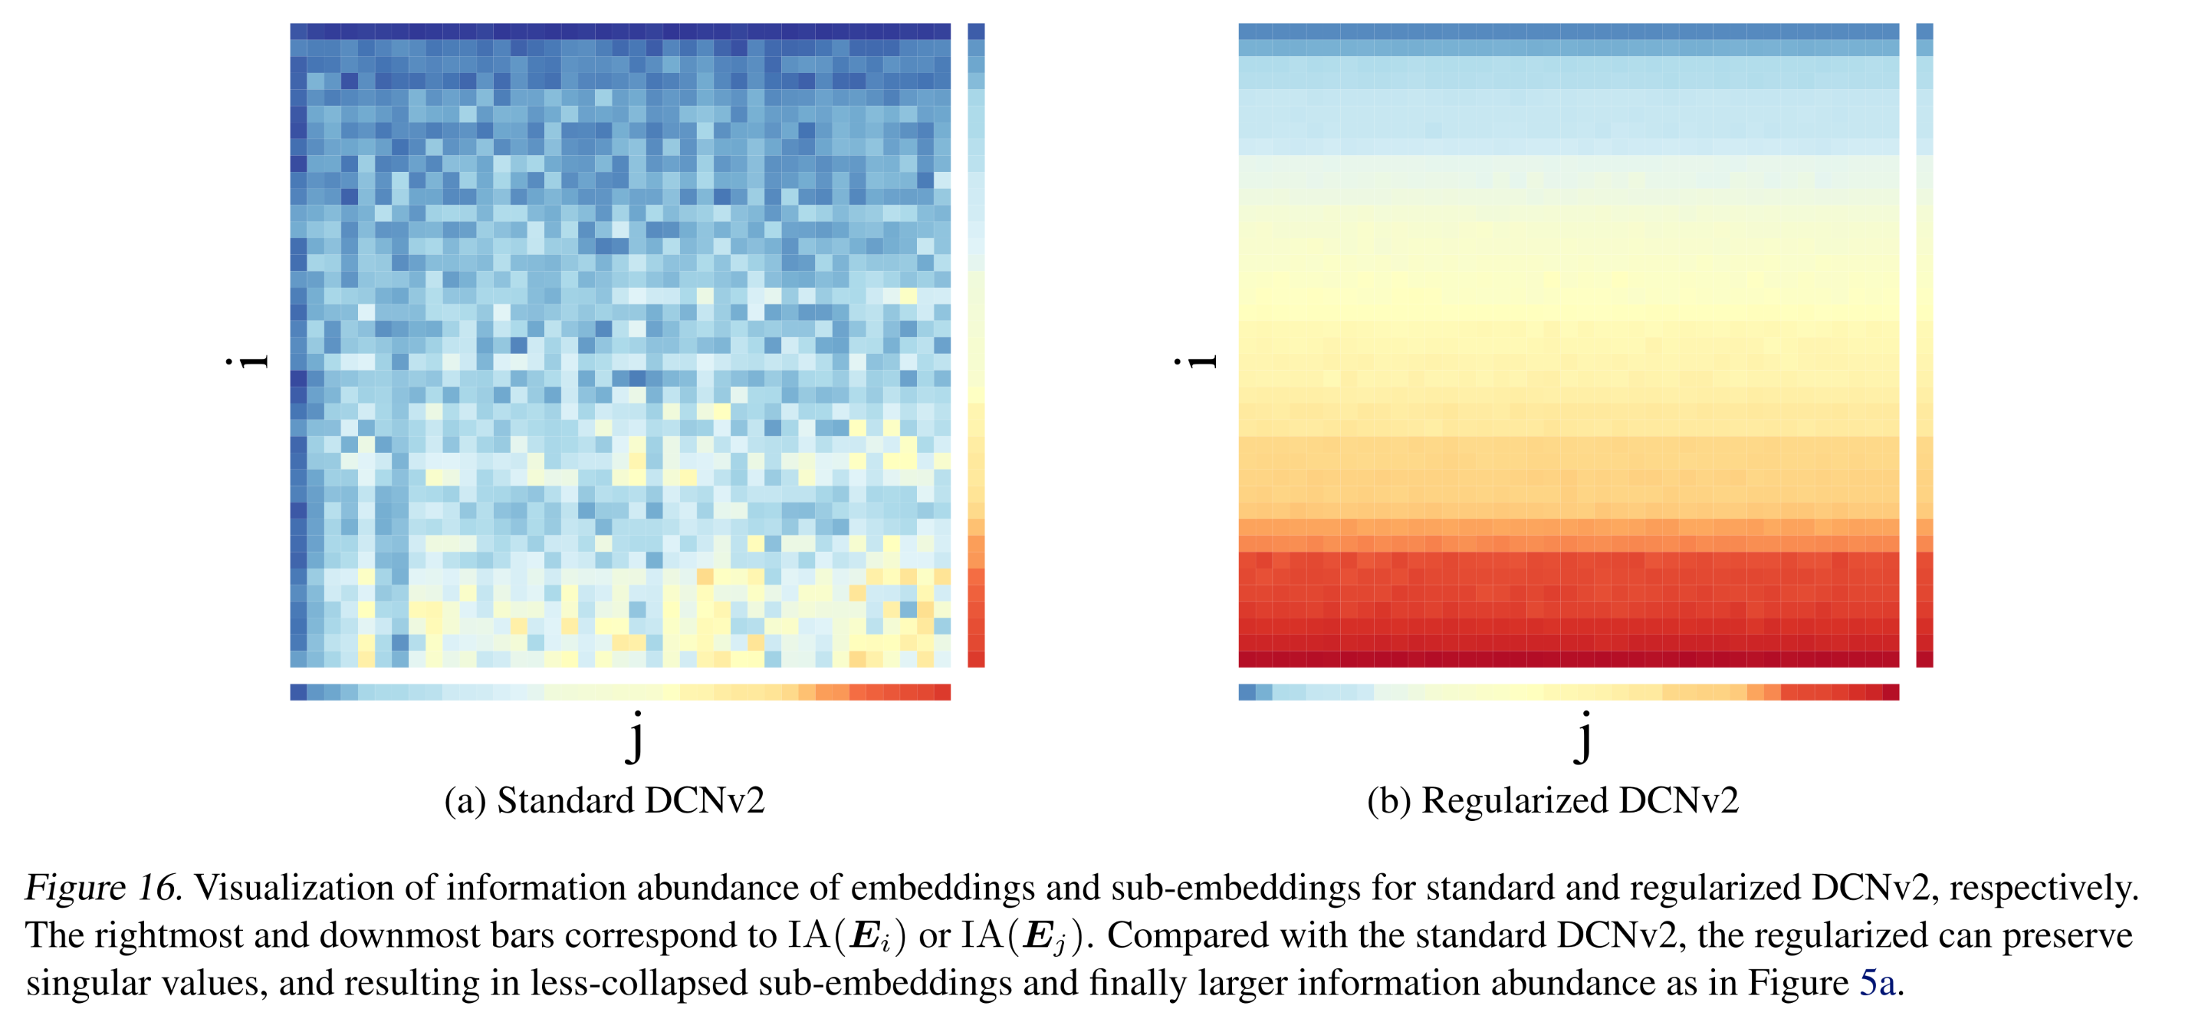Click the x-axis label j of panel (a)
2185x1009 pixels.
[x=636, y=737]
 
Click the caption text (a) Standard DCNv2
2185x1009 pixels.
[x=605, y=800]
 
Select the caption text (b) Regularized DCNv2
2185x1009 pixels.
[x=1552, y=800]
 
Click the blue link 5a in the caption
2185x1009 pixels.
[x=1877, y=983]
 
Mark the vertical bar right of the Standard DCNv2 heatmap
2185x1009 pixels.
[x=975, y=345]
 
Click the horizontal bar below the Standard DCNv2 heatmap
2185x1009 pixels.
[x=620, y=691]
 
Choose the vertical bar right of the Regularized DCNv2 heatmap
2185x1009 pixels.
[x=1924, y=345]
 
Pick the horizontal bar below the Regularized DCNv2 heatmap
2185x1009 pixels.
[x=1569, y=691]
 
